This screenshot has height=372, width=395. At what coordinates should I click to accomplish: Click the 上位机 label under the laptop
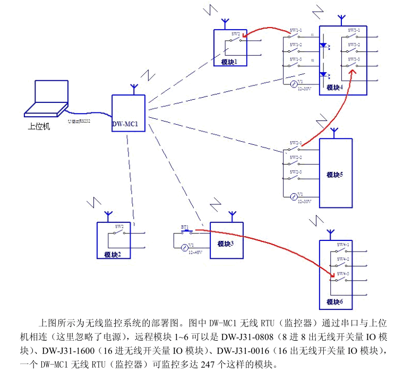click(x=39, y=127)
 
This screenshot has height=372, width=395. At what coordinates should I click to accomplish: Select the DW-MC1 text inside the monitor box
click(x=125, y=125)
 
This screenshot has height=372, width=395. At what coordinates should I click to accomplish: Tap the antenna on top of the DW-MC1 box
click(x=133, y=89)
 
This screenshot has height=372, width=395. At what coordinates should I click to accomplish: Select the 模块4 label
click(x=334, y=88)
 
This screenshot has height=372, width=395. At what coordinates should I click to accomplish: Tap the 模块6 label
click(x=334, y=302)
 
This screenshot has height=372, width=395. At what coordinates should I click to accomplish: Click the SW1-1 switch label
click(x=296, y=30)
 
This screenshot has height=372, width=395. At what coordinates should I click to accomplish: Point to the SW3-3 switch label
click(x=354, y=58)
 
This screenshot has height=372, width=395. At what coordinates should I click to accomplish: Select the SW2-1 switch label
click(x=296, y=143)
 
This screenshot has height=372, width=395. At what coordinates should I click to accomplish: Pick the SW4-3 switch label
click(x=343, y=273)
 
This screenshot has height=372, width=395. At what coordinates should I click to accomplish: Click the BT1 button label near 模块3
click(x=185, y=227)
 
